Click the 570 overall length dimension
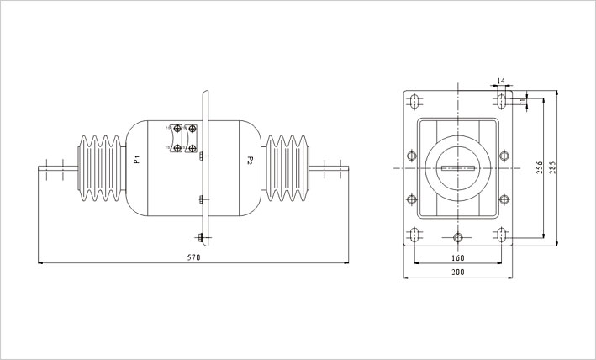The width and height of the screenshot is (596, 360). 193,257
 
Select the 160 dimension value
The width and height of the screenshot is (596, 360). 457,258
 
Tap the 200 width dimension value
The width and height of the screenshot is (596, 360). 457,273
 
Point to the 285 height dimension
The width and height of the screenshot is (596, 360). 552,167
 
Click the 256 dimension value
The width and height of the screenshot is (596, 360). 540,167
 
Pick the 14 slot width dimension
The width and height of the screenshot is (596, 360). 501,81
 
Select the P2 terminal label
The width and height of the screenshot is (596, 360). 250,160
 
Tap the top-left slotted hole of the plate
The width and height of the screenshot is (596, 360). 414,101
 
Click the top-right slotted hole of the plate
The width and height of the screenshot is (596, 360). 501,101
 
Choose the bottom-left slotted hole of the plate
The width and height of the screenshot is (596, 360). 414,235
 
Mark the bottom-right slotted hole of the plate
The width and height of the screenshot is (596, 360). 501,235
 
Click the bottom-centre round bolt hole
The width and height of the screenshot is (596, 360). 457,237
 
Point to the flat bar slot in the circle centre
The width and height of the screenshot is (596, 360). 457,168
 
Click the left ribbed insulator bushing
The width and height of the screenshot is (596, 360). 101,168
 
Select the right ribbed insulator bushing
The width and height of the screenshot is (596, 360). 287,168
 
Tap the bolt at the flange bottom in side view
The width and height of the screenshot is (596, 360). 201,238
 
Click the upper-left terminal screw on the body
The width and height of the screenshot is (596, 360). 177,129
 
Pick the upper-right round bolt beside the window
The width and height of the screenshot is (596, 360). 504,156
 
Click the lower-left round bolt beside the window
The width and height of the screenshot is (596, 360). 412,199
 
